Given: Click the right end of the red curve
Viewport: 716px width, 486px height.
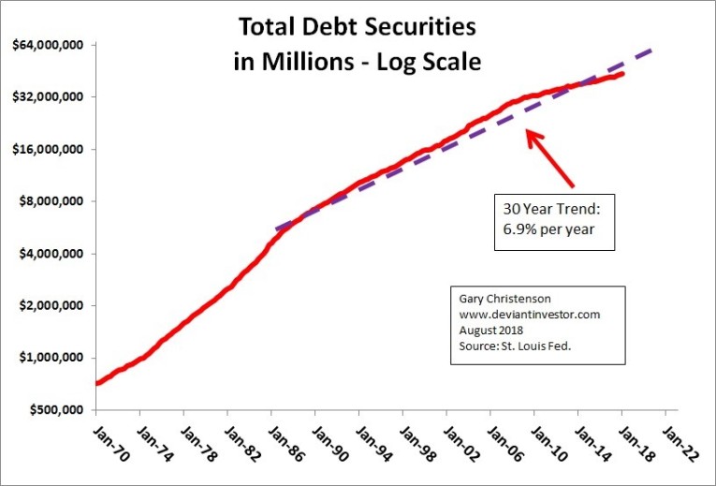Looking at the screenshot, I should click(623, 74).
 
